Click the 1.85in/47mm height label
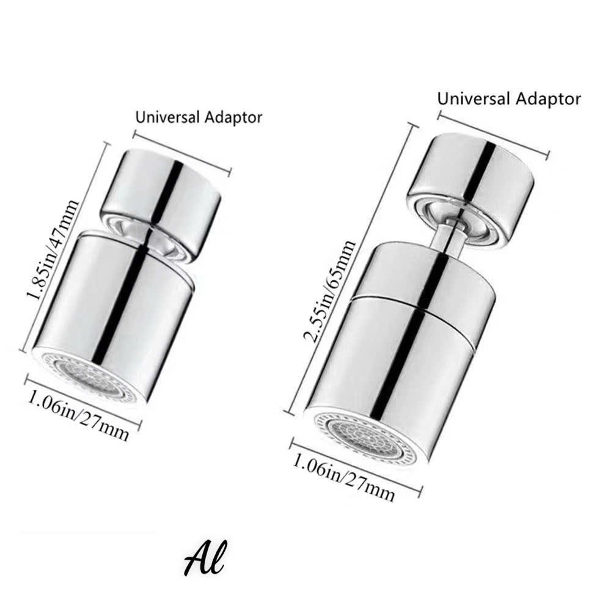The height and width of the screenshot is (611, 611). click(53, 250)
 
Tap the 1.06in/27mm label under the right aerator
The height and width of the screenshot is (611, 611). click(343, 477)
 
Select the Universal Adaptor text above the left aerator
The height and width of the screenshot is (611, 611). click(199, 117)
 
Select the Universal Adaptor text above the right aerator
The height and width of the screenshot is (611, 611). click(509, 98)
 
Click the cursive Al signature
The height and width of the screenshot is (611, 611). click(205, 558)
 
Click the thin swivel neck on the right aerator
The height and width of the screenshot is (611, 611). click(448, 236)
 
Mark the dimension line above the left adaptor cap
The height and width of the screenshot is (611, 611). click(182, 153)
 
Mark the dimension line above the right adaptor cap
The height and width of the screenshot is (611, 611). click(494, 134)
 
